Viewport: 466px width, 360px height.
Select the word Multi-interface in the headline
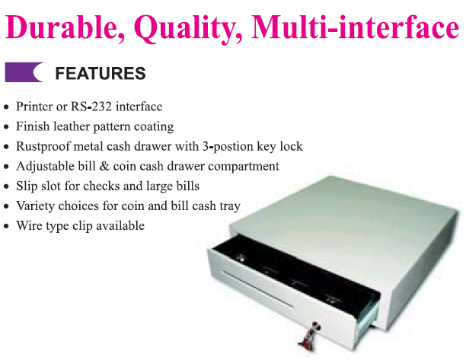coord(355,27)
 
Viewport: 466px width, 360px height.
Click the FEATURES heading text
coord(101,73)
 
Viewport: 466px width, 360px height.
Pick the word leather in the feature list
coord(72,126)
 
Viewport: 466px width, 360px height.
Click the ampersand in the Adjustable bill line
coord(104,166)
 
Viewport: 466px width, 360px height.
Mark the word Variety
coord(35,205)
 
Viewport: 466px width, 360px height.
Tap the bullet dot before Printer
coord(7,107)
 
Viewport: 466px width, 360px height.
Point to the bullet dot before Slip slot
coord(7,186)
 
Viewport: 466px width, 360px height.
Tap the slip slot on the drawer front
coord(258,288)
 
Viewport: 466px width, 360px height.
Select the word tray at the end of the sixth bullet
coord(230,206)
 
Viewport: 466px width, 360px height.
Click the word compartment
coord(244,167)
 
